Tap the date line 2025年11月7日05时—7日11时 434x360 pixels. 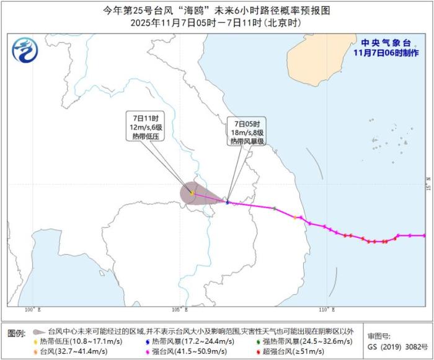pyautogui.click(x=216, y=22)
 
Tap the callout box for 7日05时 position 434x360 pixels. pyautogui.click(x=247, y=131)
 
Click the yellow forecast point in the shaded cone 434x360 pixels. pyautogui.click(x=192, y=193)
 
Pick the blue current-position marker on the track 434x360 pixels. pyautogui.click(x=228, y=202)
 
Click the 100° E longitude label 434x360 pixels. pyautogui.click(x=32, y=308)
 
